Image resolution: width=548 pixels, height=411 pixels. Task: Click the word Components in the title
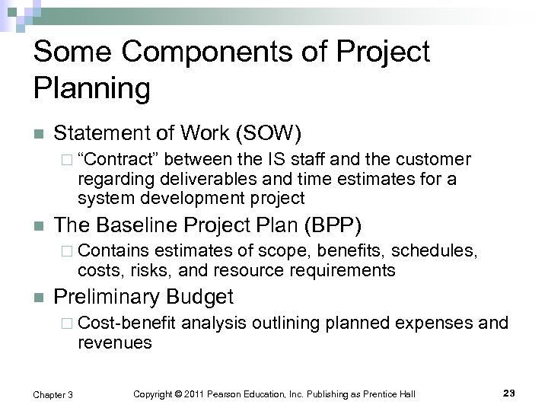(194, 53)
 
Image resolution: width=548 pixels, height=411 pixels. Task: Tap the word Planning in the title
(92, 89)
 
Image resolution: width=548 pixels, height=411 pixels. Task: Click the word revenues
(114, 342)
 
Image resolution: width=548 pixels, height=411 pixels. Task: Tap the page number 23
(509, 393)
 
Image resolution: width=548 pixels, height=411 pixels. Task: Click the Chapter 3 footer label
(53, 393)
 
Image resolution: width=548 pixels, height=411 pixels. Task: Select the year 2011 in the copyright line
(202, 393)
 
